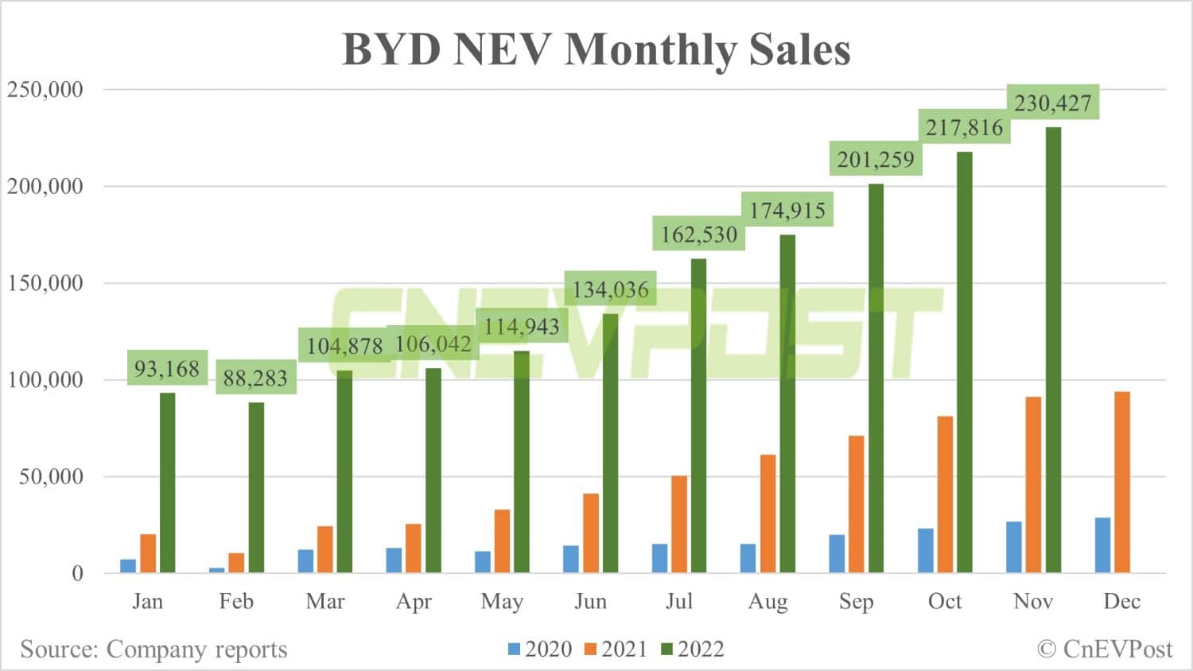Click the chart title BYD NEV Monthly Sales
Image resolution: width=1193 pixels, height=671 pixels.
coord(596,49)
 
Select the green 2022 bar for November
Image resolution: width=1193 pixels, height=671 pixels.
coord(1053,350)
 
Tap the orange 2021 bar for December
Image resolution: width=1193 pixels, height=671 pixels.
coord(1121,482)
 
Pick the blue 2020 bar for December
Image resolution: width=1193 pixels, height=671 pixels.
coord(1102,545)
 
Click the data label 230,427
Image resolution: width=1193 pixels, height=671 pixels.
coord(1053,103)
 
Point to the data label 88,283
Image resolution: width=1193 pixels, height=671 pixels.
coord(255,378)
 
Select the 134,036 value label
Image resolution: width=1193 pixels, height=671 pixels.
coord(611,289)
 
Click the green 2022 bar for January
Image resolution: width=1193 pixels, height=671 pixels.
coord(167,483)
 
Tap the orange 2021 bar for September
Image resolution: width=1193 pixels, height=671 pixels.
coord(856,504)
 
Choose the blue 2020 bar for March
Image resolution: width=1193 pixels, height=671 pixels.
coord(305,560)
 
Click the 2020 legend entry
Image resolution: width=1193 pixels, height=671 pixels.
coord(541,650)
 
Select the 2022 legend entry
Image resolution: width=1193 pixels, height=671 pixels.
coord(693,650)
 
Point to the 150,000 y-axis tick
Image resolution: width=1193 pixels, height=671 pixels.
coord(45,283)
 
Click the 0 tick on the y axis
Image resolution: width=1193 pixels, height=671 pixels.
coord(77,573)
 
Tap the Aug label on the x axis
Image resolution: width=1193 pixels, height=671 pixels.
coord(767,602)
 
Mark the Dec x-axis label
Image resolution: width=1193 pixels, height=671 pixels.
coord(1121,602)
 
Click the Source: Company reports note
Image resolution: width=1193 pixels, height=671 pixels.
coord(153,650)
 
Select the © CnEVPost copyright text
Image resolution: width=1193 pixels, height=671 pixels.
coord(1105,650)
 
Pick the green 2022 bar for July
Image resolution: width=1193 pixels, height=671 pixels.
coord(698,416)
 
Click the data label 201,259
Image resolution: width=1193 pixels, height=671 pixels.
coord(876,160)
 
